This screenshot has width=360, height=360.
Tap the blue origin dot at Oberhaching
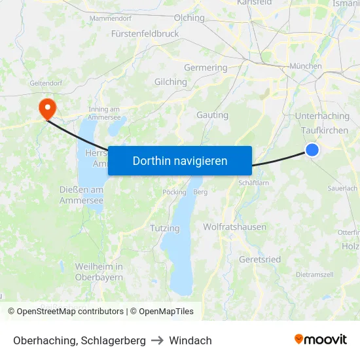pyautogui.click(x=312, y=150)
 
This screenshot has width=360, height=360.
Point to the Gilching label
pyautogui.click(x=170, y=82)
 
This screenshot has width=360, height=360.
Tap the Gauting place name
pyautogui.click(x=212, y=115)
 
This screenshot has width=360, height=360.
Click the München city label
pyautogui.click(x=305, y=66)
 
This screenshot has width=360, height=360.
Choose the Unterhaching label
pyautogui.click(x=322, y=116)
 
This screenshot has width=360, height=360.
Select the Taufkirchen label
pyautogui.click(x=325, y=130)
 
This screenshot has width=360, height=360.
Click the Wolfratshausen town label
pyautogui.click(x=234, y=227)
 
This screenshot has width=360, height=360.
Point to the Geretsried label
pyautogui.click(x=260, y=259)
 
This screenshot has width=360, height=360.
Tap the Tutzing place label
pyautogui.click(x=164, y=228)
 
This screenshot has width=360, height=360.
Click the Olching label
pyautogui.click(x=189, y=18)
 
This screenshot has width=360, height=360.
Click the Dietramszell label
pyautogui.click(x=315, y=274)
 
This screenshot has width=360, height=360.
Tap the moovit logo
pyautogui.click(x=320, y=340)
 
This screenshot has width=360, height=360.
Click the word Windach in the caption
pyautogui.click(x=190, y=340)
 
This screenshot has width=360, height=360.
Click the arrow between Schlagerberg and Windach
pyautogui.click(x=157, y=340)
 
